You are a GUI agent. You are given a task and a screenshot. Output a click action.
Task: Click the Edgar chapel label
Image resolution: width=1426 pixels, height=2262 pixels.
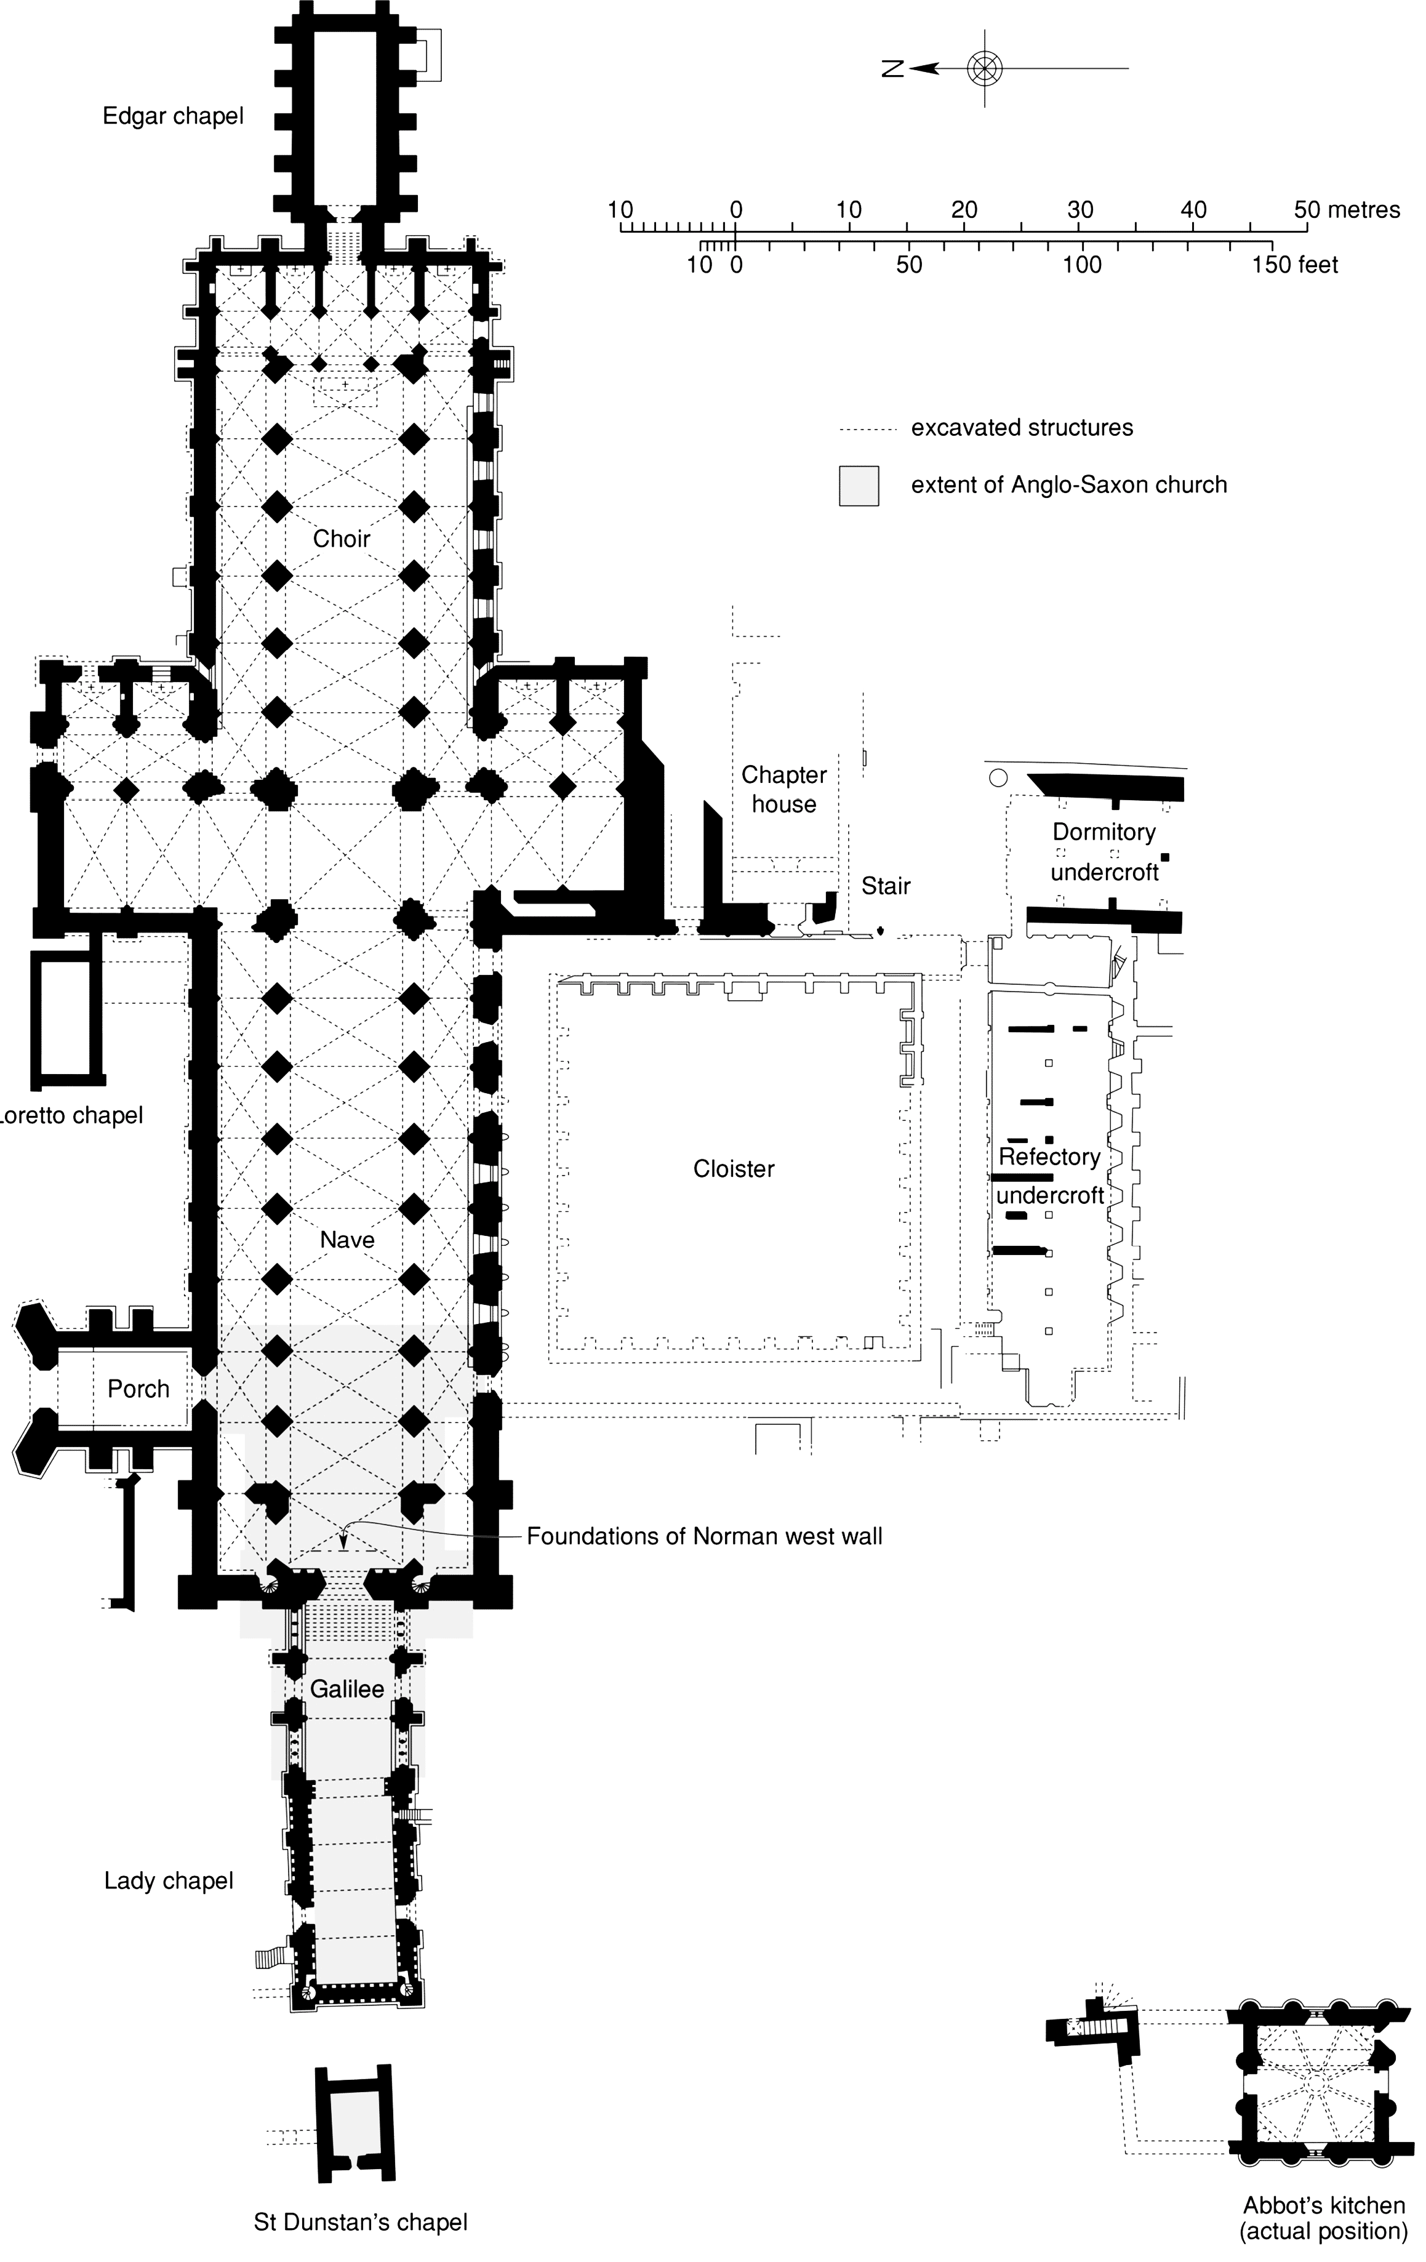[173, 116]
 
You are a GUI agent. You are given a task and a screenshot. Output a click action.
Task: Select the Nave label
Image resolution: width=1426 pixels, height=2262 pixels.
[346, 1240]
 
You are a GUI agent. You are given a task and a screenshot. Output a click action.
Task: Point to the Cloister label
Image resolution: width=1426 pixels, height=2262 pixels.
[734, 1169]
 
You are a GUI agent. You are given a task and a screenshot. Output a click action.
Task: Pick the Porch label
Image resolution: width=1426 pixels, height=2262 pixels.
[138, 1389]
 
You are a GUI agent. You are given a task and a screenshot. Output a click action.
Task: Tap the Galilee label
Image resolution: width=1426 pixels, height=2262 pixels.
[346, 1689]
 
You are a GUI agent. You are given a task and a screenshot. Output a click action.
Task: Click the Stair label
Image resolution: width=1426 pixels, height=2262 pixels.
[886, 886]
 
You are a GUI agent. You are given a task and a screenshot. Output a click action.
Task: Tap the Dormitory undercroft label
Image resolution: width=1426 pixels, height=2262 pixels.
[1104, 852]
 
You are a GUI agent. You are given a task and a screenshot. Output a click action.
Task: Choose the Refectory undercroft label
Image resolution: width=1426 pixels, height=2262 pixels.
[1049, 1176]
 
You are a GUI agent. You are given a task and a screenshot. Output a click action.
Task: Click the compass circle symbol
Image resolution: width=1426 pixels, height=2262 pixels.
[985, 68]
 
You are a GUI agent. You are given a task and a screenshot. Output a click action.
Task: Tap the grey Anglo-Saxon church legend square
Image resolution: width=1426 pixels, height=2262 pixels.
[859, 486]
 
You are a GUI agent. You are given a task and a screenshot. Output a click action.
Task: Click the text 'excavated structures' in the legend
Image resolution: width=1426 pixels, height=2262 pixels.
[1022, 428]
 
